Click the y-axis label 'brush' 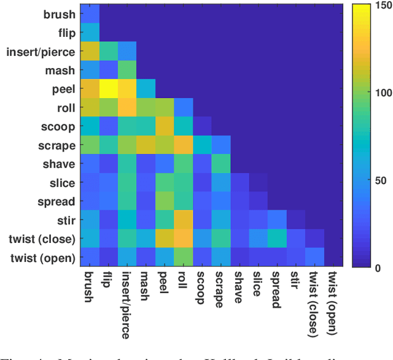tap(59, 15)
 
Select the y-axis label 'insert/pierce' tap(41, 52)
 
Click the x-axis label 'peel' tap(163, 283)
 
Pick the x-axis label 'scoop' tap(201, 287)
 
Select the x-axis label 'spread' tap(276, 289)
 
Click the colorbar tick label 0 tap(376, 267)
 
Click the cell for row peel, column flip tap(109, 90)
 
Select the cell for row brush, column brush tap(91, 15)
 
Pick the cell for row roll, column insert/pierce tap(128, 109)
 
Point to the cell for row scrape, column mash tap(146, 146)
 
